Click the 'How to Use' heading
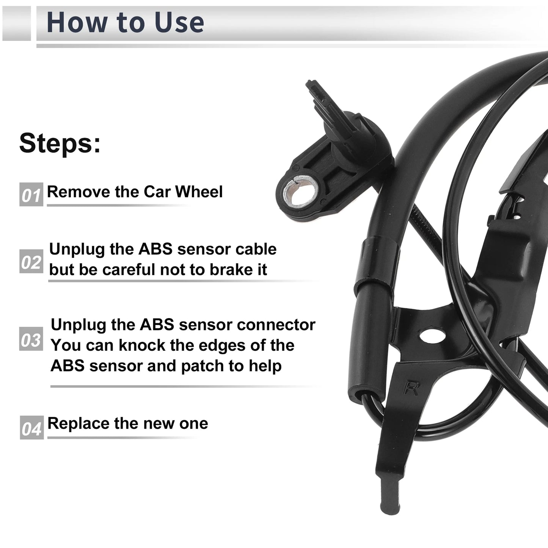125,22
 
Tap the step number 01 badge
31,195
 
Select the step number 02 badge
31,261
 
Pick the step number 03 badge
31,339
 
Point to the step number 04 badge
32,427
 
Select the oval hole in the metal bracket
432,336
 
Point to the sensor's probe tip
311,85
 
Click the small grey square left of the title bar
16,23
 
